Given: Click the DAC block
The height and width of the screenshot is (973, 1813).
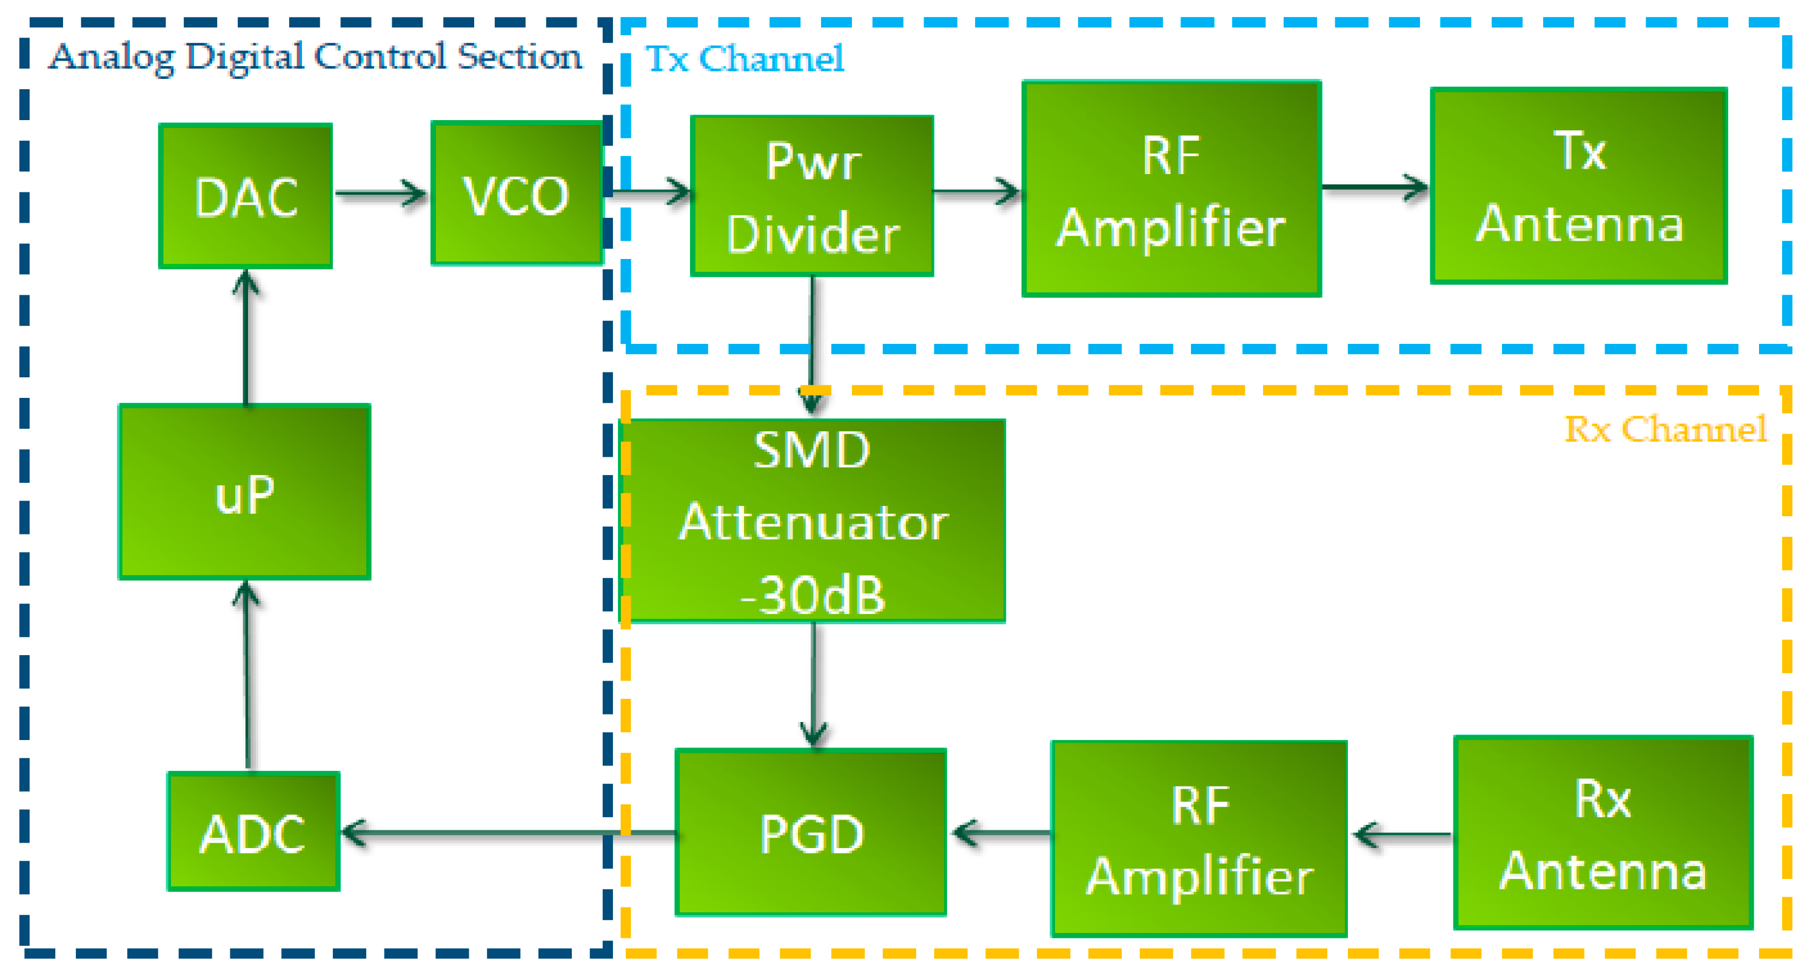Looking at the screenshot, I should click(x=245, y=197).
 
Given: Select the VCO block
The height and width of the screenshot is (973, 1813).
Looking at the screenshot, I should click(x=517, y=194).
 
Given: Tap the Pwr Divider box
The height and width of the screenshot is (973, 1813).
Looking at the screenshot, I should click(x=812, y=197).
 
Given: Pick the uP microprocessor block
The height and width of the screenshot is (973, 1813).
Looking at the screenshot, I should click(x=244, y=492).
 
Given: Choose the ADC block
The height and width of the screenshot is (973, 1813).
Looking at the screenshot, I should click(x=253, y=832).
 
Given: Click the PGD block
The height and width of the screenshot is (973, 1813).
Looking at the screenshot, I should click(x=811, y=832).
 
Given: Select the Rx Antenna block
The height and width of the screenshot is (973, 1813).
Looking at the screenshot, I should click(x=1603, y=833).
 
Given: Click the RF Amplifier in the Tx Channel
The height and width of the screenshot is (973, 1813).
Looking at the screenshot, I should click(x=1171, y=189).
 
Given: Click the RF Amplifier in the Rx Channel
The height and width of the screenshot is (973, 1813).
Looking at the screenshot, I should click(x=1199, y=839).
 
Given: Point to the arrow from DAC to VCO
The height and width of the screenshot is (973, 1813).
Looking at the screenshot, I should click(x=381, y=193).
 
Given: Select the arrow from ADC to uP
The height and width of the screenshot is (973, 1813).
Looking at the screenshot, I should click(x=246, y=676).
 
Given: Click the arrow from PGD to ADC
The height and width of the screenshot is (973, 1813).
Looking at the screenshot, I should click(x=507, y=833).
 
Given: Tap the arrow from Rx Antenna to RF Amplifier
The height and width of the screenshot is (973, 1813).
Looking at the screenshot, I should click(x=1401, y=836).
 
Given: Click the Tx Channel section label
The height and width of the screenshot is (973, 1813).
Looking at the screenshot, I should click(x=745, y=58).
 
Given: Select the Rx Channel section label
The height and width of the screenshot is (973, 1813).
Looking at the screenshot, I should click(x=1665, y=429).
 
